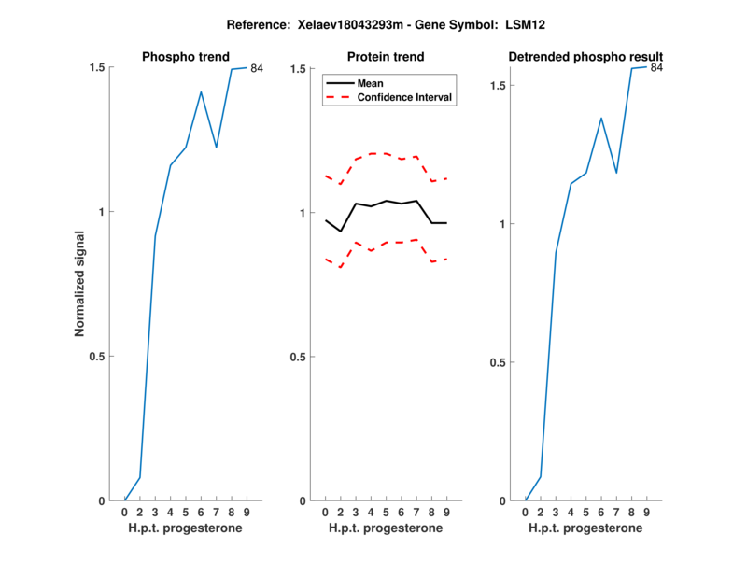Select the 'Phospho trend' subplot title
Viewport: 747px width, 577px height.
(x=185, y=57)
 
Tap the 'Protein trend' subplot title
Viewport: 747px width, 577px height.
(x=385, y=57)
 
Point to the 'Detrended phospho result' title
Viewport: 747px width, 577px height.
(x=585, y=57)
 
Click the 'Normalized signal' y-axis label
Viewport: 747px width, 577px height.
(x=80, y=284)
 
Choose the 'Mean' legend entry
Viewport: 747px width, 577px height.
(x=371, y=83)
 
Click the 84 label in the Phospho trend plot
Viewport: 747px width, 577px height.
(x=257, y=68)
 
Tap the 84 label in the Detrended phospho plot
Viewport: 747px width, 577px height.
(x=656, y=67)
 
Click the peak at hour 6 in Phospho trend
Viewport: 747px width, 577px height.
(x=201, y=91)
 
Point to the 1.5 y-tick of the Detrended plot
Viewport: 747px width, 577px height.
(x=500, y=86)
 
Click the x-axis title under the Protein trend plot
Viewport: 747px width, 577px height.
(x=385, y=528)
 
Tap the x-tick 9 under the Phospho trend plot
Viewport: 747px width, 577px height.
(x=246, y=513)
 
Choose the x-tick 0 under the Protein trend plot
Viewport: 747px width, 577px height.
(x=325, y=513)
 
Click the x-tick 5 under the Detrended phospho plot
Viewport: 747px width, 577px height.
(x=586, y=513)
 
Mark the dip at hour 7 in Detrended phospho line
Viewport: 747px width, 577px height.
(x=616, y=173)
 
